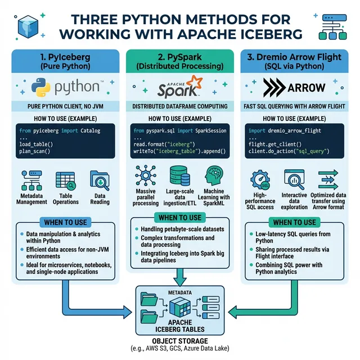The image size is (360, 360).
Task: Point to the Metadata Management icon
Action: click(x=32, y=180)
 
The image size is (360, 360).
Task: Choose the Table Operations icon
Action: click(x=65, y=180)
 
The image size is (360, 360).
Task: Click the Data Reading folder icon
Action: click(x=99, y=180)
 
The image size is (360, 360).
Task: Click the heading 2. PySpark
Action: click(x=180, y=57)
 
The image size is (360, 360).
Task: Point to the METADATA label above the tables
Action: click(x=180, y=292)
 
